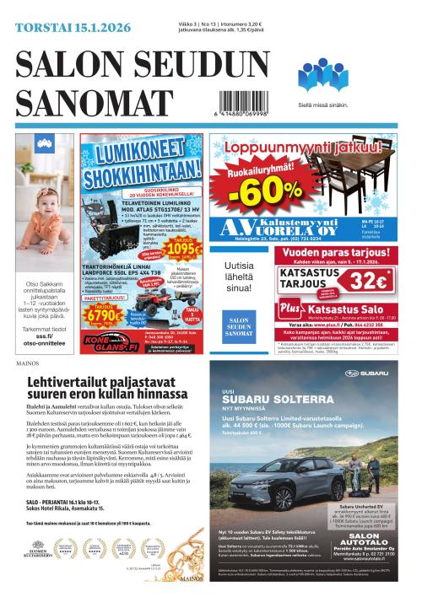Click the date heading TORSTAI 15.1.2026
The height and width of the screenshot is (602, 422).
click(x=72, y=27)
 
